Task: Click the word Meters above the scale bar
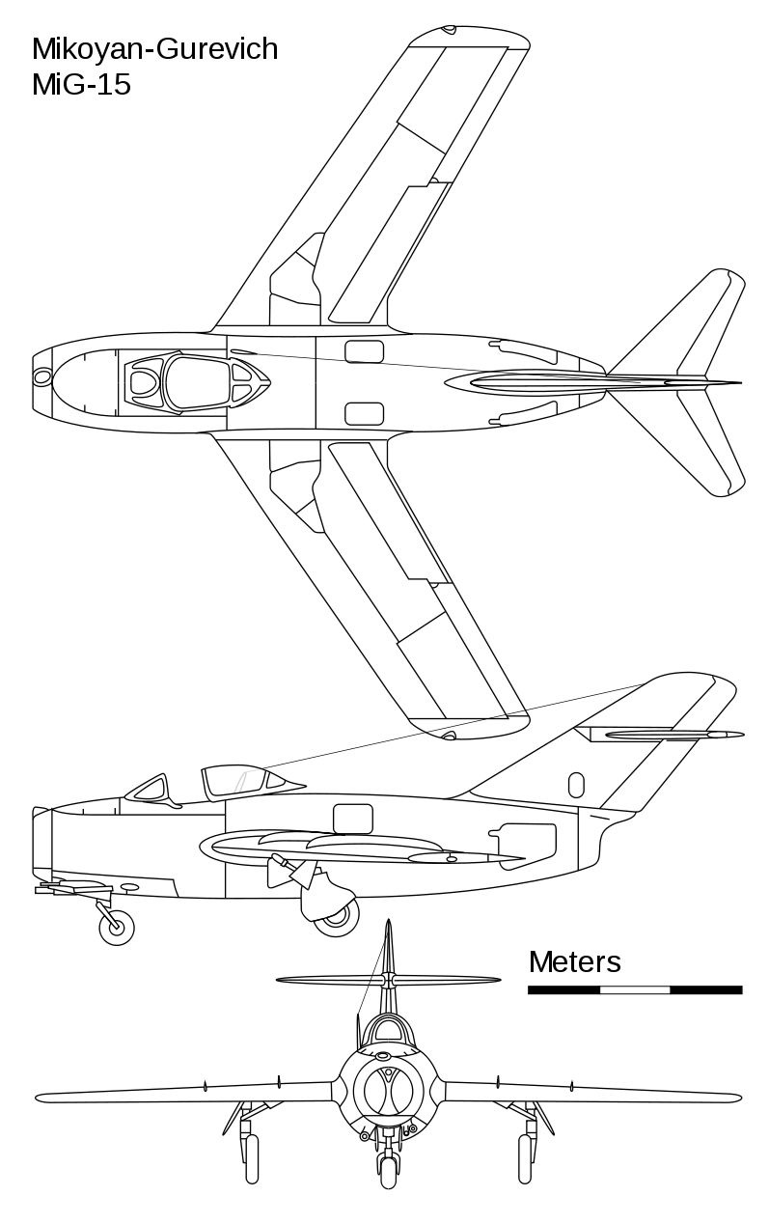tap(574, 962)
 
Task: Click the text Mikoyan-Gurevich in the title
tap(155, 48)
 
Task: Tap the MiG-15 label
tap(81, 84)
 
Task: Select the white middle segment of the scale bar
tap(634, 989)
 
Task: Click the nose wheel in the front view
tap(387, 1171)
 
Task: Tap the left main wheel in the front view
tap(252, 1158)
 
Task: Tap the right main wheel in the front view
tap(527, 1158)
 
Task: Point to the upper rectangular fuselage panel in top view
tap(364, 351)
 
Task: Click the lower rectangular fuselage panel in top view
tap(364, 413)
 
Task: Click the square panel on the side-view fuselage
tap(352, 818)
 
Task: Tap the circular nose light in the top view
tap(41, 376)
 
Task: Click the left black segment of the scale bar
tap(563, 989)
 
